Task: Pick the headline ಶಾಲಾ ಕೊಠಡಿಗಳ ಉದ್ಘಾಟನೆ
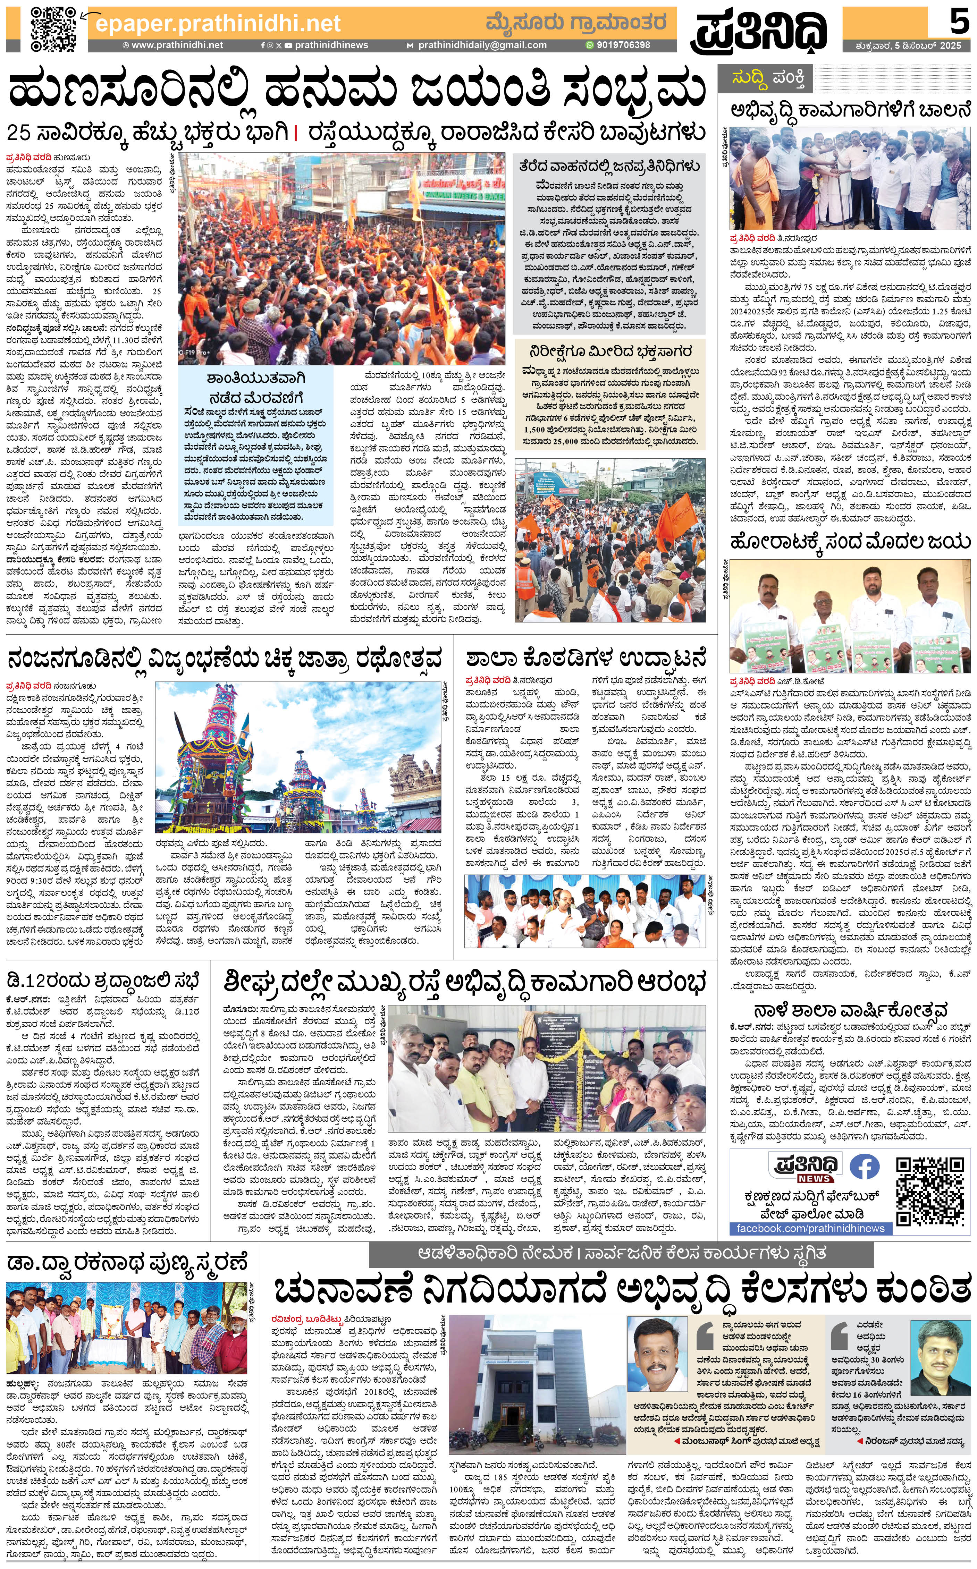[x=586, y=659]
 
